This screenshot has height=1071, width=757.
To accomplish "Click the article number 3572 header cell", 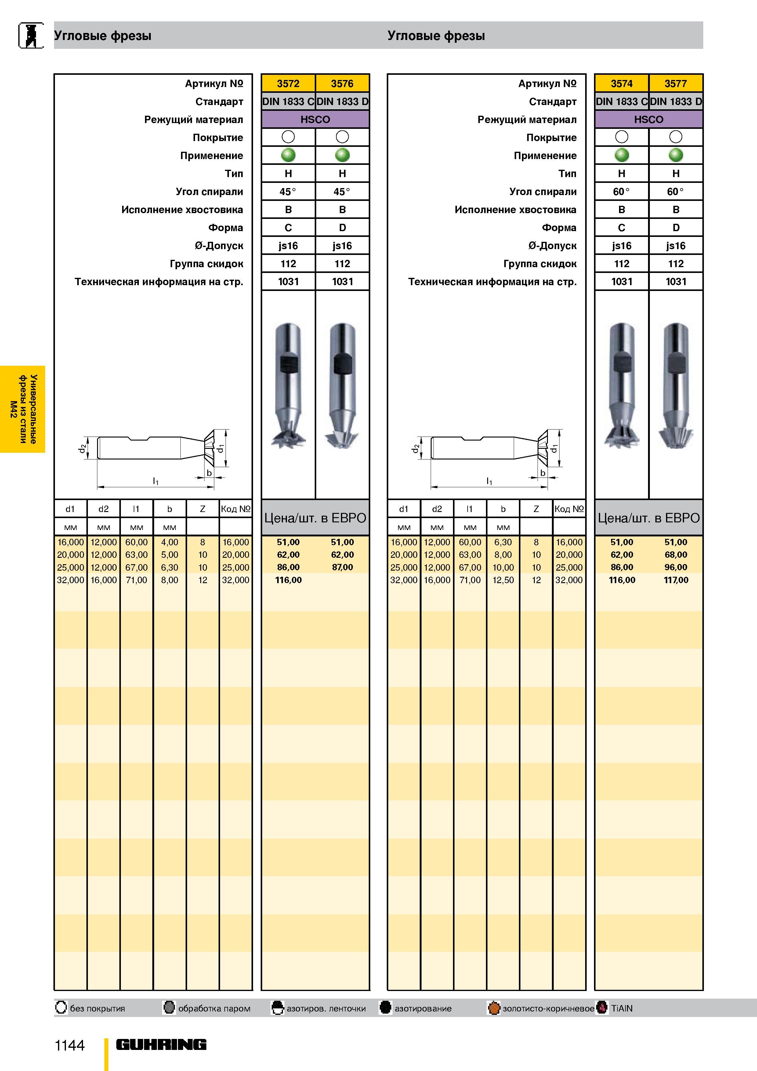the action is point(288,83).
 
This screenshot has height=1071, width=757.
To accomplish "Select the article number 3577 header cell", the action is point(676,83).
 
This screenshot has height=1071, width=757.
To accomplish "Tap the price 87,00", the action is point(342,567).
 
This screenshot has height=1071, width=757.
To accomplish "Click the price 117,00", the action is point(676,580).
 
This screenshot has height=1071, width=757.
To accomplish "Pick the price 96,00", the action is point(676,567).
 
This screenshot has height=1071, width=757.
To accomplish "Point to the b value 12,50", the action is point(503,580).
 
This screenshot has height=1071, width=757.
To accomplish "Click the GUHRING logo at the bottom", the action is point(161,1044).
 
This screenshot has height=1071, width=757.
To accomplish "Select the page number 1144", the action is point(70,1045).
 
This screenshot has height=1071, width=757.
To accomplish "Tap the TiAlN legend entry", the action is point(616,1008).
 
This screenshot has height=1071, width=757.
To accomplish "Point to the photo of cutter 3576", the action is point(342,385).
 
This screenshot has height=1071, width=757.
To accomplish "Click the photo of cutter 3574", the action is point(622,385).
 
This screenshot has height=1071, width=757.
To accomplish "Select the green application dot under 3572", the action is point(288,155).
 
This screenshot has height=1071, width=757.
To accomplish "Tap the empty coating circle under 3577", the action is point(676,137).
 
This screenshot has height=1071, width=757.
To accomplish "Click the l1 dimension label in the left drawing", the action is point(156,481).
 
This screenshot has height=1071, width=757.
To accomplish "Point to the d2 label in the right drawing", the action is point(415,448).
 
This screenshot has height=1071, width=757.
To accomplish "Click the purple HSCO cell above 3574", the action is point(648,119).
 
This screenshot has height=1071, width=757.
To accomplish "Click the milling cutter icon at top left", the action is point(31,35).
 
